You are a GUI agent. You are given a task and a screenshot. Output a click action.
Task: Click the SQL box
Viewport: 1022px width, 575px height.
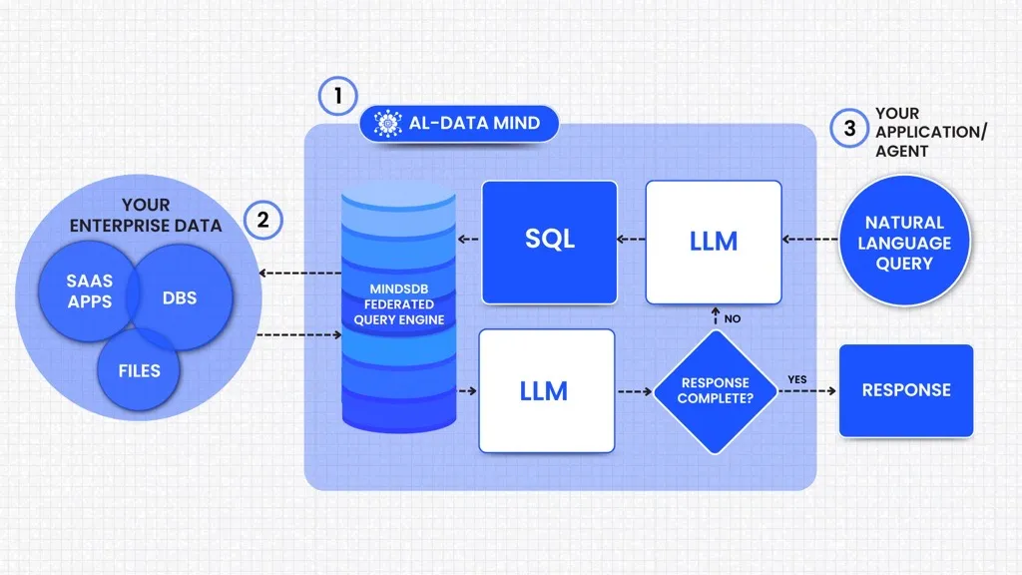[549, 242]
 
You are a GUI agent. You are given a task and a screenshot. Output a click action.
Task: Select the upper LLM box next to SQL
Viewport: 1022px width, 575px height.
[713, 242]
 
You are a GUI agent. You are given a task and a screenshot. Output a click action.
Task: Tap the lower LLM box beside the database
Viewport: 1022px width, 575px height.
[546, 390]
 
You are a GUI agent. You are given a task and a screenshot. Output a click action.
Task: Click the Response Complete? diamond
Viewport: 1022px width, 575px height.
[715, 390]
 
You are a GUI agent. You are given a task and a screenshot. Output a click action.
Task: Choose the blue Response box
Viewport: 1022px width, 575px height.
[905, 390]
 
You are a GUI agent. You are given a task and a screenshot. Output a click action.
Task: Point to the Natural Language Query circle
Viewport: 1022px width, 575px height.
[904, 243]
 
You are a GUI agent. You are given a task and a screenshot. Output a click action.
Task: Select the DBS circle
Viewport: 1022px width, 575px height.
[180, 298]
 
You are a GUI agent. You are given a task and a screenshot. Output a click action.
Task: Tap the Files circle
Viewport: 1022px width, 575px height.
[139, 370]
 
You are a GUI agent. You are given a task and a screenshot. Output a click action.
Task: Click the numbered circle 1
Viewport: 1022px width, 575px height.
[338, 97]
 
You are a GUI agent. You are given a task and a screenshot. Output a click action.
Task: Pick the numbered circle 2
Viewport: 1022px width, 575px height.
[263, 219]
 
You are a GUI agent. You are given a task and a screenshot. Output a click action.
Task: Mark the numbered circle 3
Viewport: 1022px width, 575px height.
[849, 128]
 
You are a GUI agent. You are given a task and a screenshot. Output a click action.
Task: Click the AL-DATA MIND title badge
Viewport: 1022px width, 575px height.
[458, 124]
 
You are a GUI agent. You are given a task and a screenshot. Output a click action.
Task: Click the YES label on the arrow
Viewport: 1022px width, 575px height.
[796, 379]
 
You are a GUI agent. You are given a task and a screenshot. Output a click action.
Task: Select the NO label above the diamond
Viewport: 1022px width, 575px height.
[733, 318]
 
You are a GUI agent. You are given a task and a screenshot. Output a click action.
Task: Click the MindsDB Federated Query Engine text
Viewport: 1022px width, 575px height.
[399, 304]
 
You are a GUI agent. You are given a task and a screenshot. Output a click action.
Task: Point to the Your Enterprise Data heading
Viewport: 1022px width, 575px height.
[146, 216]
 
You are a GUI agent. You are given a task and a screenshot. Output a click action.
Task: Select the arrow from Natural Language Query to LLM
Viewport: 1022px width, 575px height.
[808, 240]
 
